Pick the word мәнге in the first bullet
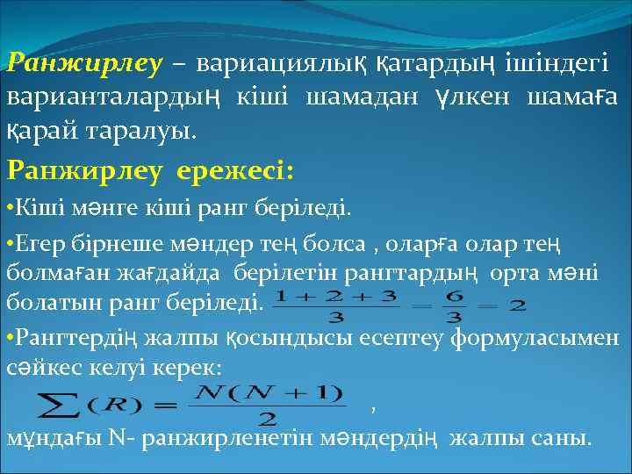click(x=90, y=210)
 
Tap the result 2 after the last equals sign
click(x=517, y=306)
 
